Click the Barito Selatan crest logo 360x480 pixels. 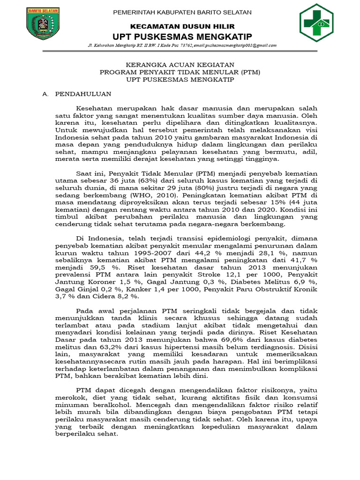click(40, 25)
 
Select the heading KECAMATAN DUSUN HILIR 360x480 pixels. click(182, 27)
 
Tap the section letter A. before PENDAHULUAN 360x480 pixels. click(45, 94)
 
